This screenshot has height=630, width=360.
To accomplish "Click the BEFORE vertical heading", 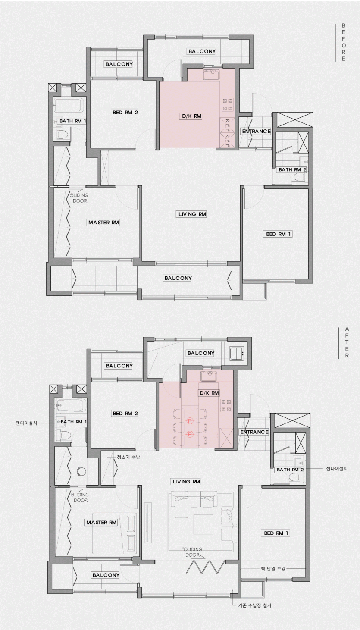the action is (x=344, y=42).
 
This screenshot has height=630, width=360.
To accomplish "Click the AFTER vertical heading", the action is (x=347, y=342).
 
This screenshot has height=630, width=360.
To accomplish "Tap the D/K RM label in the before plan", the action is (x=191, y=116).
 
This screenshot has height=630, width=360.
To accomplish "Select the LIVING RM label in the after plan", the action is (x=186, y=482).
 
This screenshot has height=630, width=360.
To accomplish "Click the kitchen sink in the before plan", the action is (x=211, y=75).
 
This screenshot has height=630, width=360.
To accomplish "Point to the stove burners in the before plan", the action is (x=227, y=104).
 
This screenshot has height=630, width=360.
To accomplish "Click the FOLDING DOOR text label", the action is (x=192, y=552).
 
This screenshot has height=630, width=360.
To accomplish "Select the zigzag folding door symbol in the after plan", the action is (x=206, y=567).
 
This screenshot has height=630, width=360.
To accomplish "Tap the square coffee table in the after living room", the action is (x=203, y=524).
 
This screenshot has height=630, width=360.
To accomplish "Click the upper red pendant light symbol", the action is (x=190, y=421).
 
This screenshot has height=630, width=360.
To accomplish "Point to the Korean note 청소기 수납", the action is (x=128, y=457).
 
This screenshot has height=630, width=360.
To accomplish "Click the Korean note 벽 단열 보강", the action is (x=273, y=568).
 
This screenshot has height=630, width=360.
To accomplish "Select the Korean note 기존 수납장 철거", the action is (x=255, y=605).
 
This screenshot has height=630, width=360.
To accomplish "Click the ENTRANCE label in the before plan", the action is (x=256, y=132).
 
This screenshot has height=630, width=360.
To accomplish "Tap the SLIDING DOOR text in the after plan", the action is (x=81, y=497).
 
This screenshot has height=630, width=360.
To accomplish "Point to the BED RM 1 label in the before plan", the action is (x=278, y=234).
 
